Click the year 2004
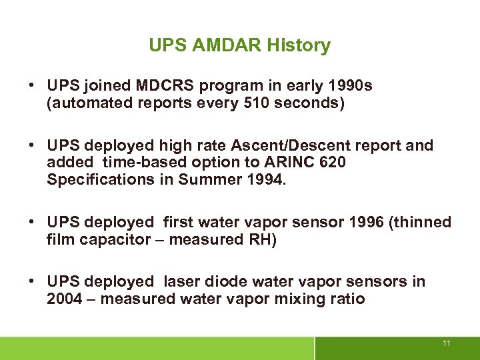click(63, 299)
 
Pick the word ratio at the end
click(347, 299)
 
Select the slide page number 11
click(447, 343)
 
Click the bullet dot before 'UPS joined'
click(31, 86)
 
